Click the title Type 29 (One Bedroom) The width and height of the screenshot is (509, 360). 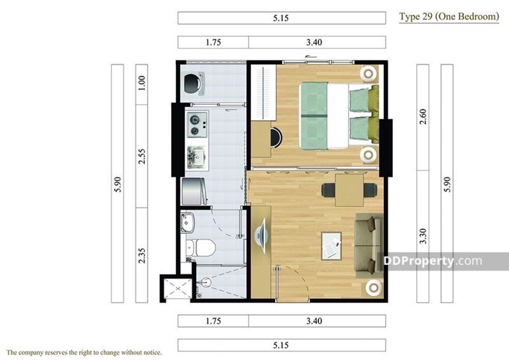tap(449, 17)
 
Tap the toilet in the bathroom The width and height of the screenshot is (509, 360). tap(201, 247)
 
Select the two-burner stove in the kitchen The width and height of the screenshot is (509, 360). tap(197, 125)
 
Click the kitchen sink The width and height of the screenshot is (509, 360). tap(196, 157)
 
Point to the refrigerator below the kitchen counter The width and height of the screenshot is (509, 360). tap(194, 191)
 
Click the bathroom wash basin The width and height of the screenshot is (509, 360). tap(187, 223)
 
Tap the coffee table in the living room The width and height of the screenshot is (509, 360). tap(331, 246)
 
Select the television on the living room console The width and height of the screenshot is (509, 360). tap(261, 236)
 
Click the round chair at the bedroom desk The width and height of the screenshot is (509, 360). tap(277, 138)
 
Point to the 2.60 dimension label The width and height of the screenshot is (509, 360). tap(423, 117)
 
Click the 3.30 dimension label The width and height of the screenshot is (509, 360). tap(423, 236)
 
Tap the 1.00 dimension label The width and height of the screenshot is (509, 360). tap(142, 83)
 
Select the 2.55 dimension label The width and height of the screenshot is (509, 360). tap(142, 156)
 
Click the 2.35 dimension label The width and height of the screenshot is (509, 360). tap(142, 256)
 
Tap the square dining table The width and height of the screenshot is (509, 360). tap(350, 190)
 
